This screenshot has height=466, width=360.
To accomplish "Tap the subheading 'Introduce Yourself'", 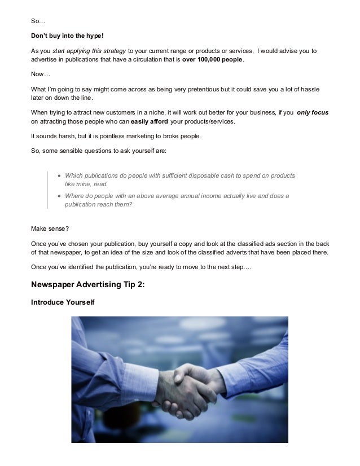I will coord(62,303).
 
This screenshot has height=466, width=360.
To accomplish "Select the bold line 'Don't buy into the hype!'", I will coord(67,36).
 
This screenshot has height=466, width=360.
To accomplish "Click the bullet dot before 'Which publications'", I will coord(59,175).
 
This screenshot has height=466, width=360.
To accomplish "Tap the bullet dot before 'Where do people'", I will coord(59,196).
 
